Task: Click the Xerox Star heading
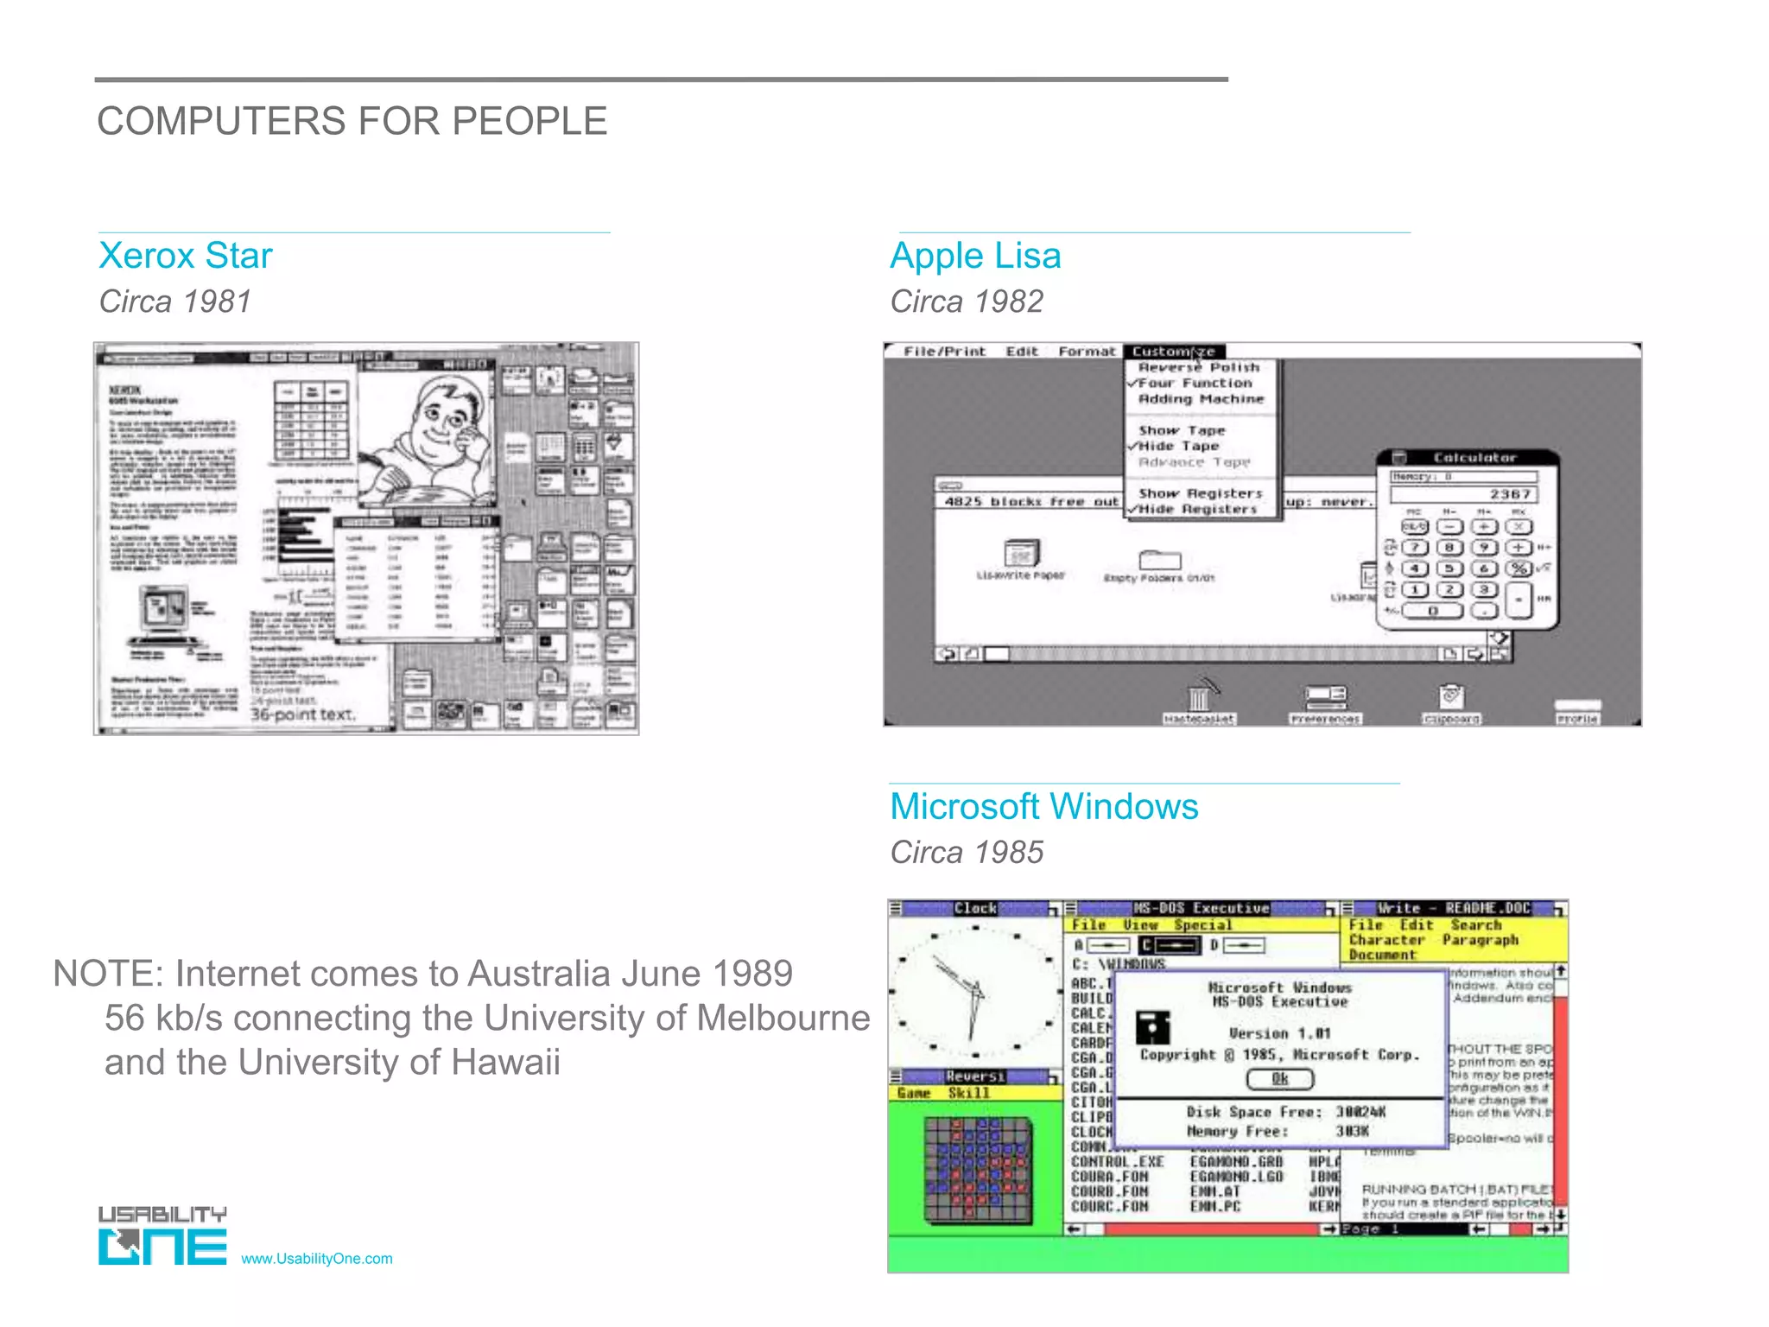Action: pyautogui.click(x=186, y=256)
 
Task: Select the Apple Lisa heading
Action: pyautogui.click(x=975, y=256)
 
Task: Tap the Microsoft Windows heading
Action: pyautogui.click(x=1043, y=807)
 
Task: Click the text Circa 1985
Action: pyautogui.click(x=967, y=853)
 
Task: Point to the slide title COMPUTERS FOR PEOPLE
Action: pyautogui.click(x=352, y=121)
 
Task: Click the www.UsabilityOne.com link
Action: pyautogui.click(x=316, y=1259)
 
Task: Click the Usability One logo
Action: pyautogui.click(x=162, y=1236)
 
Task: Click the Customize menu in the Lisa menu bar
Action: pyautogui.click(x=1173, y=352)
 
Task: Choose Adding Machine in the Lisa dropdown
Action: pyautogui.click(x=1201, y=399)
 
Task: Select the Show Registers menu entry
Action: pyautogui.click(x=1200, y=493)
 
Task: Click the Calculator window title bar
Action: pyautogui.click(x=1474, y=458)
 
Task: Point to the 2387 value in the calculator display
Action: pyautogui.click(x=1509, y=494)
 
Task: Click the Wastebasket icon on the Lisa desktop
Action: pyautogui.click(x=1199, y=698)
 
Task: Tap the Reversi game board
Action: pyautogui.click(x=978, y=1170)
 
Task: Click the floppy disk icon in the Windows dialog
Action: pyautogui.click(x=1153, y=1028)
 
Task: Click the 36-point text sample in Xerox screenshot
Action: pyautogui.click(x=302, y=714)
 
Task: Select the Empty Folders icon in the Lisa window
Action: pyautogui.click(x=1159, y=562)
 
